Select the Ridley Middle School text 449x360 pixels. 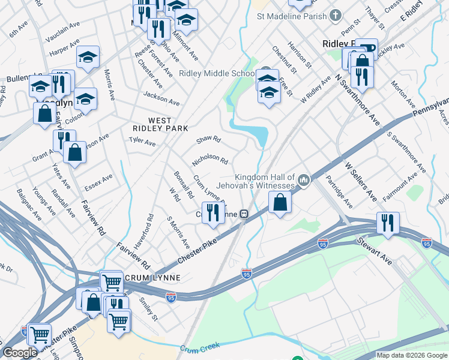coord(217,74)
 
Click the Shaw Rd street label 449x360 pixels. coord(209,140)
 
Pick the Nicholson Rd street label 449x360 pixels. coord(210,160)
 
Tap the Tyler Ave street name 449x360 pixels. coord(142,142)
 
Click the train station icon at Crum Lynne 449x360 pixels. coord(244,214)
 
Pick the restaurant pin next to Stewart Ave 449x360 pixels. coord(388,223)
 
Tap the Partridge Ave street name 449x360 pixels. coord(339,192)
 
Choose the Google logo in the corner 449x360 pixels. coord(20,353)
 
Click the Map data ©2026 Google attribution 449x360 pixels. coord(412,355)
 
